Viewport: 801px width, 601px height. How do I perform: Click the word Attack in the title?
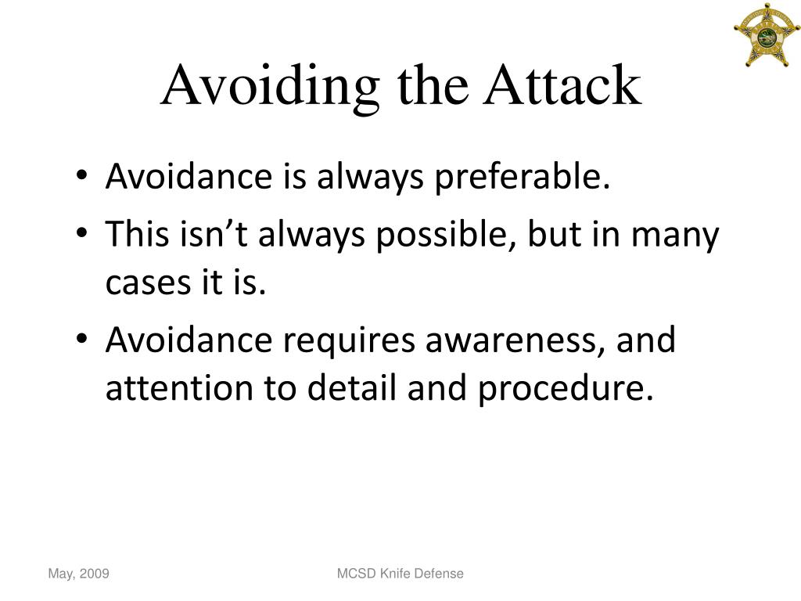(x=562, y=86)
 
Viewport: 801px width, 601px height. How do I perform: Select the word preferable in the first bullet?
(x=522, y=178)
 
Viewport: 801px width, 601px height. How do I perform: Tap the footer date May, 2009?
(x=78, y=574)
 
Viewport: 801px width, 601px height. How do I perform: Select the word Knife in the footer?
(x=395, y=574)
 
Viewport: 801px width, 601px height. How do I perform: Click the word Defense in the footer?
(x=439, y=574)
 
